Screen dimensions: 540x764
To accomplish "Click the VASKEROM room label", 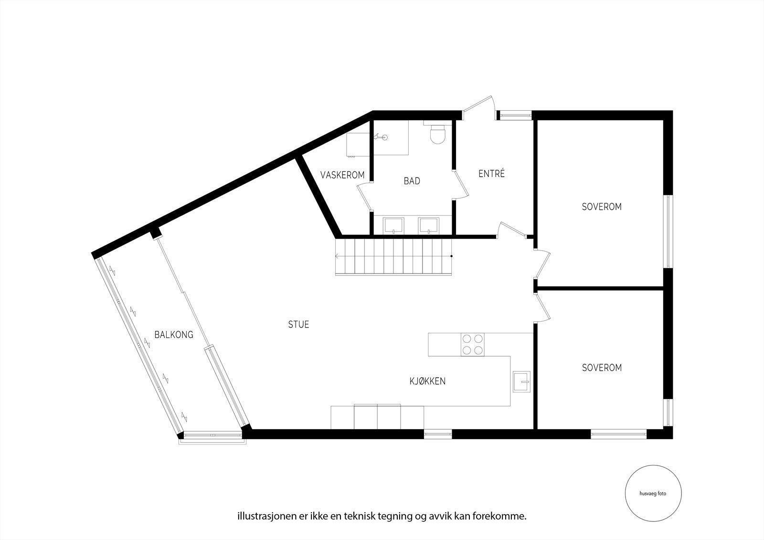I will (342, 175).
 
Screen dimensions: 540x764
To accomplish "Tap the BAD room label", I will (412, 181).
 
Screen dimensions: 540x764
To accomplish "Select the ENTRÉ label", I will (491, 174).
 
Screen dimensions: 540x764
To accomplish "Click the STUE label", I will (298, 325).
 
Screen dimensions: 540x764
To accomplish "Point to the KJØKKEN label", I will (427, 381).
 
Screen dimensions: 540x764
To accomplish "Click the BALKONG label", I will (174, 334).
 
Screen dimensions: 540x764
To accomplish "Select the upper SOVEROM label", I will (602, 207).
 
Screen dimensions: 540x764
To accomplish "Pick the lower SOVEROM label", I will (602, 368).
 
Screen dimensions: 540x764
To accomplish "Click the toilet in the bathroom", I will (437, 134).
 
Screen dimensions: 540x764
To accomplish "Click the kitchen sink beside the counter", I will (521, 381).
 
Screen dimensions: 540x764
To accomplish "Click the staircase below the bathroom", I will (393, 256).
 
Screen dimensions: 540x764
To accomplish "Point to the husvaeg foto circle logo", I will (653, 494).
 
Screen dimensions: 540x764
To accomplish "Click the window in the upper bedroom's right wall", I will (668, 231).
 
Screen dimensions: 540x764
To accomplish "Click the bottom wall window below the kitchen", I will (438, 434).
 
